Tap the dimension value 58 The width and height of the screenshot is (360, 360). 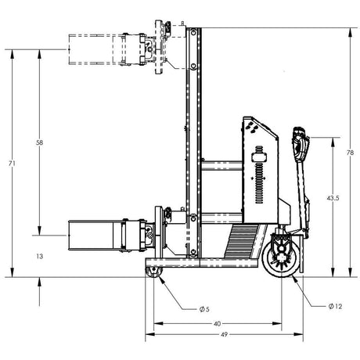40,143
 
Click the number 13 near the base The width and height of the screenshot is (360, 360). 39,256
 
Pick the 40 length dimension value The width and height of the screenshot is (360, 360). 217,323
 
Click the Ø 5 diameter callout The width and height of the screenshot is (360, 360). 203,308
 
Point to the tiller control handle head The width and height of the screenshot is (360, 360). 300,142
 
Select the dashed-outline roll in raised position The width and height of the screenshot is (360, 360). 94,49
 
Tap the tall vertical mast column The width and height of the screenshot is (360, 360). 193,141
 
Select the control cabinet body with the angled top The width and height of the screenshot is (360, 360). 262,168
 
